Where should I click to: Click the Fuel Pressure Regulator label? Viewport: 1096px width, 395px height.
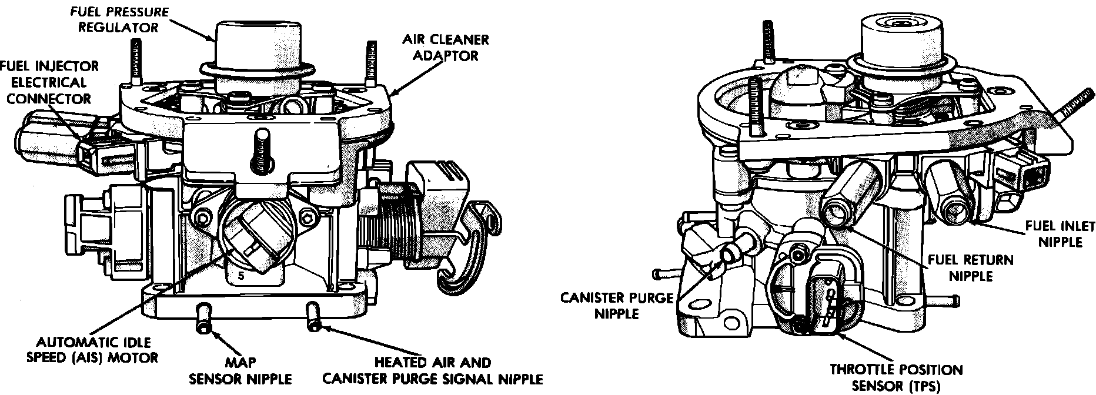coord(119,19)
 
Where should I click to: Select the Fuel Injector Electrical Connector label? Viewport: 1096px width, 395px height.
coord(49,82)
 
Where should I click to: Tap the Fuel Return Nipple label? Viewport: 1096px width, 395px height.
coord(971,267)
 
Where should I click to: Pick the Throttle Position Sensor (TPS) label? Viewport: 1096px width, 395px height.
coord(895,377)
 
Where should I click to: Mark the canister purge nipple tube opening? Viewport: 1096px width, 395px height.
coord(730,253)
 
